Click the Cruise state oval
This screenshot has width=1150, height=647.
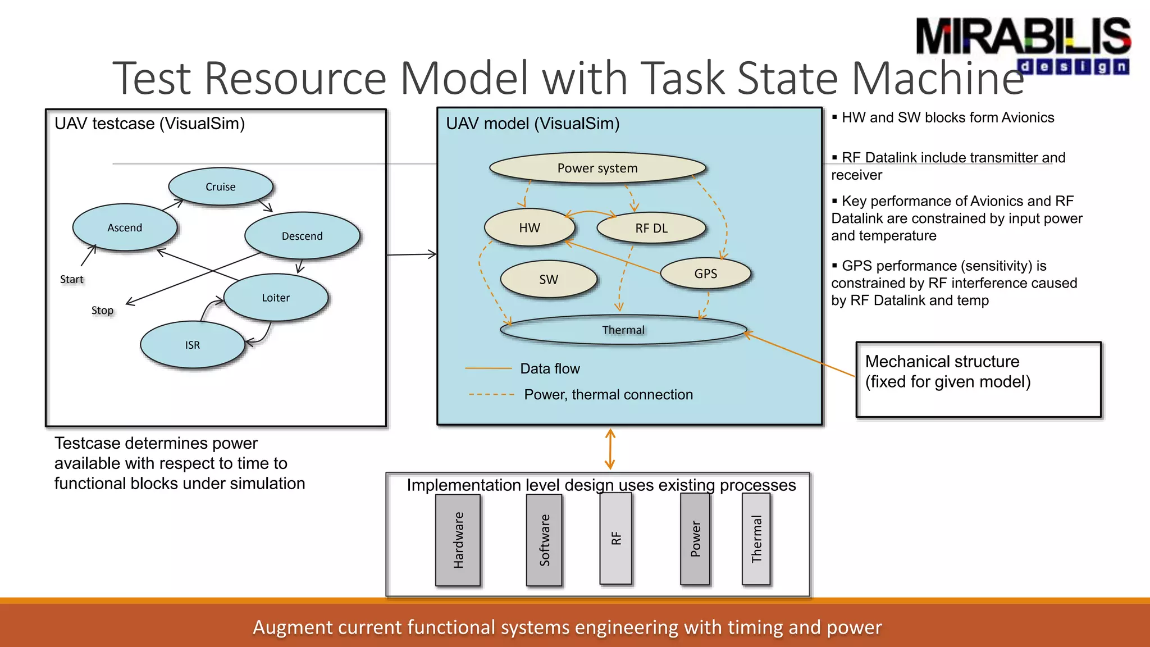click(x=221, y=186)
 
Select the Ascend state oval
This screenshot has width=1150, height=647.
click(x=125, y=227)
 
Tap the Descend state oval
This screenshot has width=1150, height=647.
click(x=302, y=236)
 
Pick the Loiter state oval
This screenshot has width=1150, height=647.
click(x=276, y=298)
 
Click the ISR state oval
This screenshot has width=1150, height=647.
click(x=193, y=345)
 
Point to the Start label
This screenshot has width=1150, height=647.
click(x=72, y=279)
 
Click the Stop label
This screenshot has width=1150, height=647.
click(x=102, y=310)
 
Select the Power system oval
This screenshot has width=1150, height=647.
click(x=597, y=168)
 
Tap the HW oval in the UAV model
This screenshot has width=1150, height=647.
click(x=530, y=227)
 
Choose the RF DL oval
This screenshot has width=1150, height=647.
click(x=651, y=228)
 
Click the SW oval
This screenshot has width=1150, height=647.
click(x=549, y=279)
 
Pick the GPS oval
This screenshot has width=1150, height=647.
click(x=706, y=274)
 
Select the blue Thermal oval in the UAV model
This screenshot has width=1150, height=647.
click(x=623, y=330)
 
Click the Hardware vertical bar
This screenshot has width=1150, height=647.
click(x=458, y=540)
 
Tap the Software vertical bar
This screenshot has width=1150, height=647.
click(x=544, y=540)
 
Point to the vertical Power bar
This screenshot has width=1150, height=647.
click(x=695, y=539)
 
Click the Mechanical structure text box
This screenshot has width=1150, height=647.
click(x=978, y=380)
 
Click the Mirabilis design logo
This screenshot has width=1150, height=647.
click(x=1023, y=45)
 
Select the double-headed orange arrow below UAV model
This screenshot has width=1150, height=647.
click(x=610, y=449)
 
